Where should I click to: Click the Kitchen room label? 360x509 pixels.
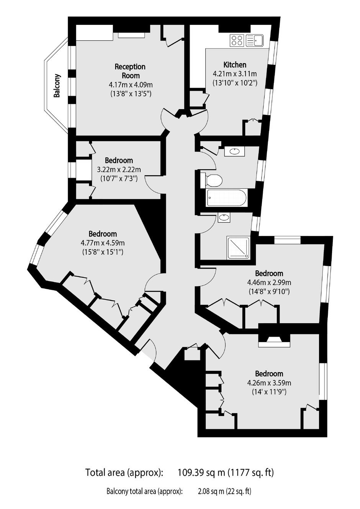(x=235, y=65)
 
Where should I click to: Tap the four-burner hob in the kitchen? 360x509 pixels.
(x=237, y=41)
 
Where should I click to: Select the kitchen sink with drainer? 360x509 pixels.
(x=254, y=41)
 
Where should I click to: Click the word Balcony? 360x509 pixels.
(x=57, y=85)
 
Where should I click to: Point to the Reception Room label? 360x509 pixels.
(x=130, y=71)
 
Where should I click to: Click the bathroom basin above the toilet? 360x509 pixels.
(x=234, y=151)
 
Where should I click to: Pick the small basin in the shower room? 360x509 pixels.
(x=224, y=218)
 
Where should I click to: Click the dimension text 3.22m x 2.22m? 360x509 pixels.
(x=119, y=170)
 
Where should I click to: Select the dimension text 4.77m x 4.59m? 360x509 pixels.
(x=103, y=243)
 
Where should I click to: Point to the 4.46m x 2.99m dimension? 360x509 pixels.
(x=269, y=282)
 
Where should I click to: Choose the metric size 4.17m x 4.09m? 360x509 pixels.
(x=131, y=85)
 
